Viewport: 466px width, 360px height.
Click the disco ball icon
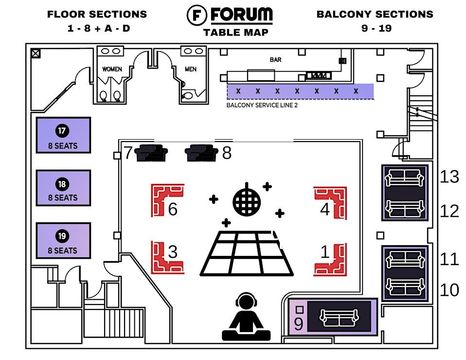[x=248, y=199]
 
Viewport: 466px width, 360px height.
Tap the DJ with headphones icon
[x=246, y=317]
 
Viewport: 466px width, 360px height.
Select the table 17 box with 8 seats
[x=63, y=136]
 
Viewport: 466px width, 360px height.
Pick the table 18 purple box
[x=63, y=188]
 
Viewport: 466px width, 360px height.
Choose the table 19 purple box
[x=63, y=240]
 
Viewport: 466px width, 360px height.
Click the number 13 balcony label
[x=449, y=177]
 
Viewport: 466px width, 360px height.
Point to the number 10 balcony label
[x=449, y=290]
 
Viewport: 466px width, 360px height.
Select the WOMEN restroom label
[x=112, y=69]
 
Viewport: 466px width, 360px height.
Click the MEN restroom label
[x=191, y=69]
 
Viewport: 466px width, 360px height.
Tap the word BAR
[x=276, y=60]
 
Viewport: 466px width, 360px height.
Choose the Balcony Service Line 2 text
[x=262, y=105]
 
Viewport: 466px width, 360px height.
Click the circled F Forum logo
[x=197, y=15]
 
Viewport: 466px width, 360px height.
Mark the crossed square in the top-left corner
[x=36, y=54]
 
